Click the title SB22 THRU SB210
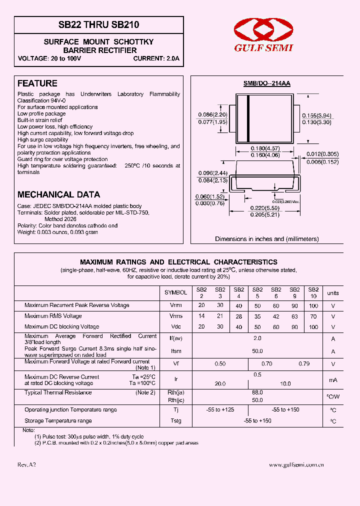pyautogui.click(x=99, y=24)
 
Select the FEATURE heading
pyautogui.click(x=37, y=83)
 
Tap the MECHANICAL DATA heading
pyautogui.click(x=58, y=194)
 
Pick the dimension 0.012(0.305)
pyautogui.click(x=322, y=154)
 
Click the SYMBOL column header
pyautogui.click(x=176, y=292)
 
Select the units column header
pyautogui.click(x=332, y=293)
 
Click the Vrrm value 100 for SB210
pyautogui.click(x=313, y=305)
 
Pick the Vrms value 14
pyautogui.click(x=201, y=316)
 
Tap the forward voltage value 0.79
pyautogui.click(x=304, y=364)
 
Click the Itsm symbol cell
pyautogui.click(x=176, y=351)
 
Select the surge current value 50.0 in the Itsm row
pyautogui.click(x=257, y=351)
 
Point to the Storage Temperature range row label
pyautogui.click(x=58, y=421)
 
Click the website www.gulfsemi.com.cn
pyautogui.click(x=296, y=464)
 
